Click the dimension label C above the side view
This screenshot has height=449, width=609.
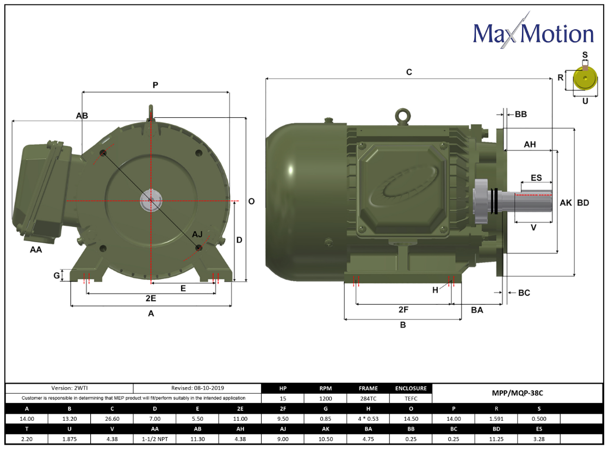coord(409,72)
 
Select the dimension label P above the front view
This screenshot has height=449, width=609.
coord(155,85)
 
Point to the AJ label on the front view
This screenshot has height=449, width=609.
coord(197,234)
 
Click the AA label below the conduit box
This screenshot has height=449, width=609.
coord(36,250)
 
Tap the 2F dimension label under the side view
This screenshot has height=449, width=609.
coord(403,310)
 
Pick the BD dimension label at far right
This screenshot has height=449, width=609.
coord(583,203)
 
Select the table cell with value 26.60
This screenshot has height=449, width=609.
coord(112,419)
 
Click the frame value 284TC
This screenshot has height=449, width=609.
coord(368,398)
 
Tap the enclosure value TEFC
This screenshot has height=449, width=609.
coord(411,398)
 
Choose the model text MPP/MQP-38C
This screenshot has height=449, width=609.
coord(517,393)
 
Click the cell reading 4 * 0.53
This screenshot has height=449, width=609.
coord(368,419)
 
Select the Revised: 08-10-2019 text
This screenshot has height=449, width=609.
coord(197,388)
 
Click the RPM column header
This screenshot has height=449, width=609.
coord(325,388)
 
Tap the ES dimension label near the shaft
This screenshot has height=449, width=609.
coord(536,178)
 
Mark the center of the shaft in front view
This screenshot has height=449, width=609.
coord(151,201)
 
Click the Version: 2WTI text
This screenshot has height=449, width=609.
coord(69,388)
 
